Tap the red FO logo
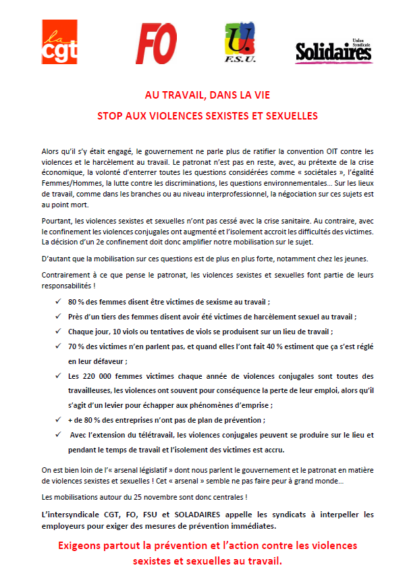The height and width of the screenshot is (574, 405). tap(157, 43)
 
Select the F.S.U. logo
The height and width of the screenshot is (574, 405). tap(240, 43)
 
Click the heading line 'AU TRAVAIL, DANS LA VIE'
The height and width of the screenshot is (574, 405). tap(202, 96)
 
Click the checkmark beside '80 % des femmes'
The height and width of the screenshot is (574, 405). tap(58, 302)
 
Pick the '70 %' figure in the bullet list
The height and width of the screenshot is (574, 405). tap(76, 346)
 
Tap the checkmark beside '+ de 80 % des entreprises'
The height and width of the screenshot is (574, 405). tap(58, 420)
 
